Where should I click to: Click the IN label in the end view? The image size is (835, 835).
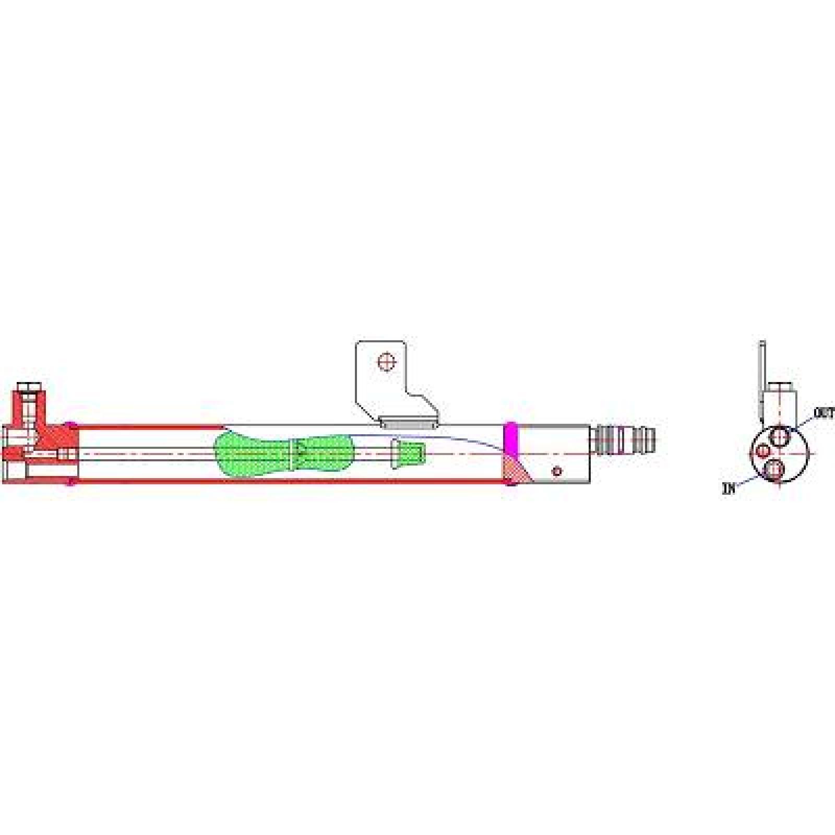tap(729, 489)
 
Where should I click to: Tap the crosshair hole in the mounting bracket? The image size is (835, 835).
tap(387, 361)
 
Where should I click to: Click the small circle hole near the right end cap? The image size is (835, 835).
tap(557, 471)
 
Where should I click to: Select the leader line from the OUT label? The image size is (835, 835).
tap(804, 422)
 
